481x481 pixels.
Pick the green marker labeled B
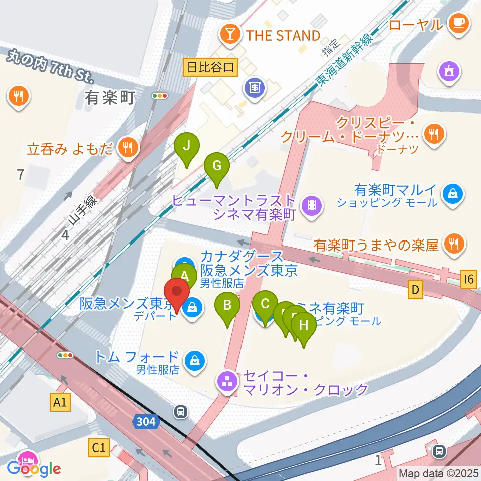(227, 305)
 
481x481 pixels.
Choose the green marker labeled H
(304, 325)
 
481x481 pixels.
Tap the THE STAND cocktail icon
(230, 35)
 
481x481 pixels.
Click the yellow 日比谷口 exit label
(211, 67)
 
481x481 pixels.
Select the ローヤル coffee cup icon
(458, 23)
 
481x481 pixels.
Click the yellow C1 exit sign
(99, 448)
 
